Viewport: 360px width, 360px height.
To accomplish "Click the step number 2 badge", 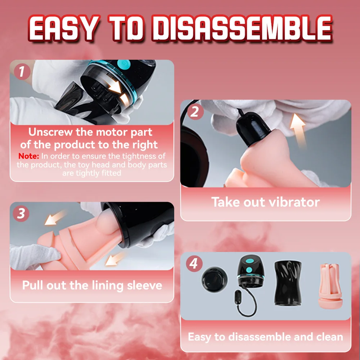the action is [195, 112].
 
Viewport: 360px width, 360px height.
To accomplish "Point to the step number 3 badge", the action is [21, 213].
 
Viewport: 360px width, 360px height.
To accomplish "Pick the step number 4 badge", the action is [194, 264].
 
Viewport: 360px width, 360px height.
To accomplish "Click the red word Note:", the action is [29, 156].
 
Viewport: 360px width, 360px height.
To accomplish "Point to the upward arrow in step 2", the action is [298, 130].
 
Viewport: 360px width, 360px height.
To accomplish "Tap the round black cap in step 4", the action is [215, 279].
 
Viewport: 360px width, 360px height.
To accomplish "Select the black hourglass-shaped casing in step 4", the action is [288, 283].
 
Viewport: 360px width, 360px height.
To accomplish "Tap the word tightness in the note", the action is [138, 156].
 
